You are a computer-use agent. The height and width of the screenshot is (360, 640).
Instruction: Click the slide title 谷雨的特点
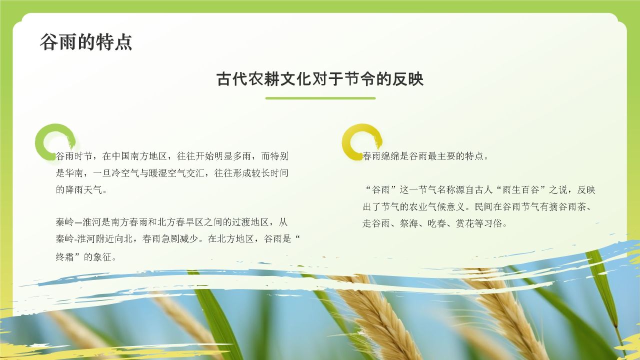click(x=86, y=42)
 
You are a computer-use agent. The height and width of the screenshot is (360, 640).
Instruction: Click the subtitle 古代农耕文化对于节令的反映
click(x=320, y=79)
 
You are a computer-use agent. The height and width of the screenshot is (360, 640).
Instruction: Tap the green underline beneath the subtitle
click(x=320, y=98)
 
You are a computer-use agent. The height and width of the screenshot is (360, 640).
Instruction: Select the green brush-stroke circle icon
click(x=54, y=142)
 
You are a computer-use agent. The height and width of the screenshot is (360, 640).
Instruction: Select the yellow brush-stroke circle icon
click(x=361, y=142)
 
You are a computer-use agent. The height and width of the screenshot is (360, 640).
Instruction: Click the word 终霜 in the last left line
click(x=65, y=257)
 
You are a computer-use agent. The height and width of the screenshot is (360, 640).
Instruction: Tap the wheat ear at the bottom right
click(x=505, y=310)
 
